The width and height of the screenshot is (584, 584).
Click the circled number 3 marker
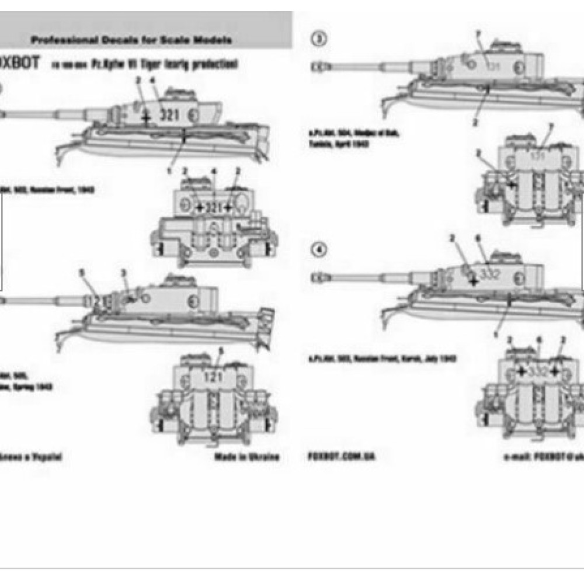(x=318, y=39)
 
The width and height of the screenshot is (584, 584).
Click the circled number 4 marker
(x=318, y=249)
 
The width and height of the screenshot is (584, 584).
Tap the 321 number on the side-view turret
(x=169, y=115)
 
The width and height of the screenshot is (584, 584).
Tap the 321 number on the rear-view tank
(x=214, y=207)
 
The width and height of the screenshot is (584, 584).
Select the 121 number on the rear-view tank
(x=213, y=377)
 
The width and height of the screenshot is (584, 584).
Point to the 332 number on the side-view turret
(x=489, y=274)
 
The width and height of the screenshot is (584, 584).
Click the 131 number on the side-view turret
(x=494, y=66)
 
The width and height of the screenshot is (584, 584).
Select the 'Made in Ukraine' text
(x=246, y=457)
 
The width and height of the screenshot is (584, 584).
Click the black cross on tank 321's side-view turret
(x=146, y=117)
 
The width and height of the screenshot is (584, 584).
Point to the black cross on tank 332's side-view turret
(x=473, y=281)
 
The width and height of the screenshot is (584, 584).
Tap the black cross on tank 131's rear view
(x=512, y=183)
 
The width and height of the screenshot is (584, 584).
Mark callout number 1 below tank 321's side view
(x=170, y=171)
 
